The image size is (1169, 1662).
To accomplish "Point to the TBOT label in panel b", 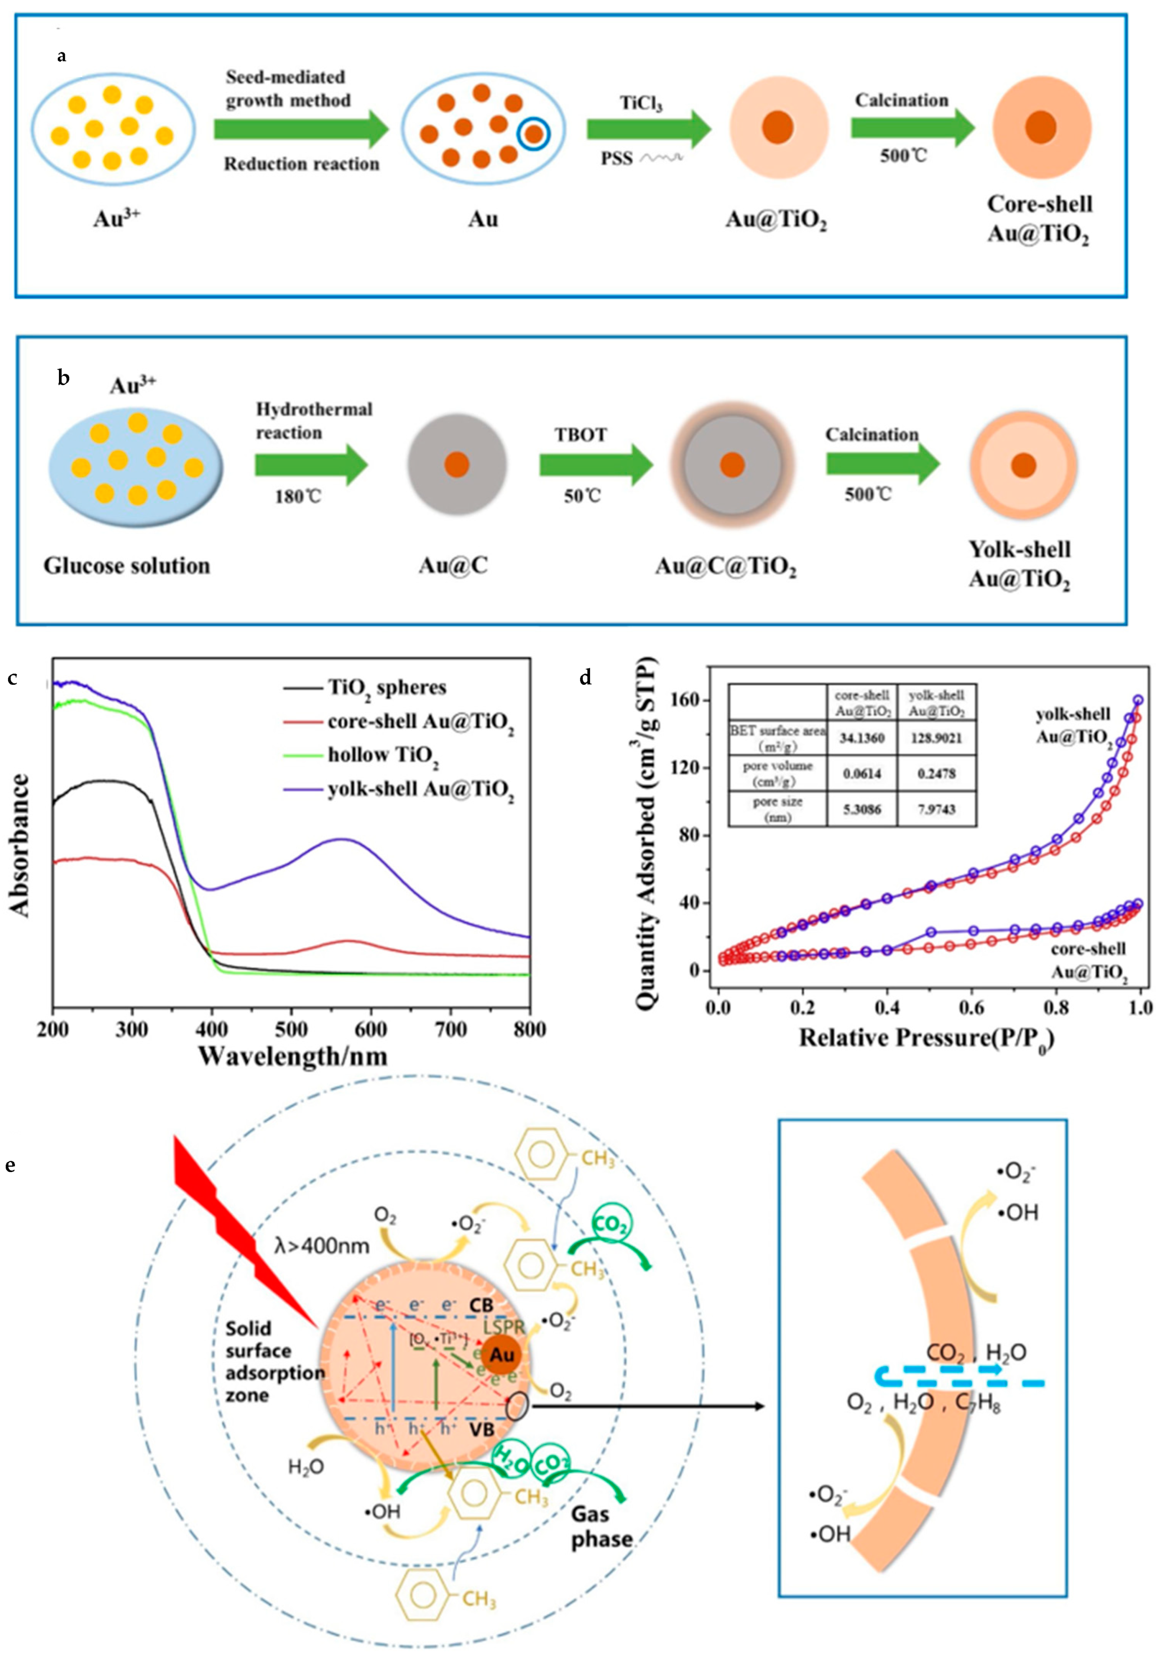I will (x=581, y=435).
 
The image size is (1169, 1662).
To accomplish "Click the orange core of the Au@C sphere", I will (x=457, y=464).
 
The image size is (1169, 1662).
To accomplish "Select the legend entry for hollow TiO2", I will (x=383, y=755).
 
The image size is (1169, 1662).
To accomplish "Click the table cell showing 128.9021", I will (x=937, y=738).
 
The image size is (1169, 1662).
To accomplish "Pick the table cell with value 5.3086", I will (x=862, y=809).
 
